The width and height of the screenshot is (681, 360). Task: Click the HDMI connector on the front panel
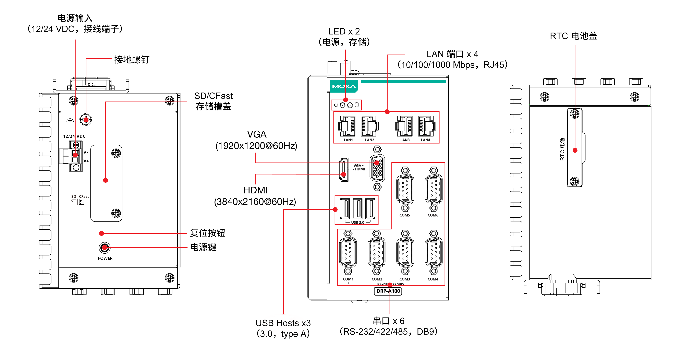point(344,170)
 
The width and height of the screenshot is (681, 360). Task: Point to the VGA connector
point(377,168)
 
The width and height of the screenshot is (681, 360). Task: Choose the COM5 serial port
point(405,189)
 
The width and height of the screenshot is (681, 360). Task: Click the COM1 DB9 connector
point(348,252)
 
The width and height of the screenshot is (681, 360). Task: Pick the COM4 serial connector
point(434,252)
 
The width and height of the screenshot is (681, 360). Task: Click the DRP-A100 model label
point(388,291)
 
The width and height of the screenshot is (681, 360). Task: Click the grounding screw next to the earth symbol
point(86,120)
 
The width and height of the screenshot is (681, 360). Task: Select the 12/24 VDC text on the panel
point(74,136)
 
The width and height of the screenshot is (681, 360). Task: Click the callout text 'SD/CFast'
point(213,96)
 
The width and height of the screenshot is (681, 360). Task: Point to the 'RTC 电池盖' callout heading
point(573,36)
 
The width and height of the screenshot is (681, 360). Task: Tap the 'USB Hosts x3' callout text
point(283,323)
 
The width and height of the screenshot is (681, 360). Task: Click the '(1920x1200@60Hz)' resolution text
point(256,146)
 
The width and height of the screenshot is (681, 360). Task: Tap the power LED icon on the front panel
point(336,105)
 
